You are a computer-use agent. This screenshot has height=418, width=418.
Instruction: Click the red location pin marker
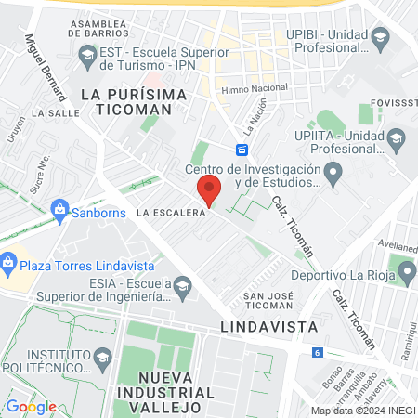(209, 190)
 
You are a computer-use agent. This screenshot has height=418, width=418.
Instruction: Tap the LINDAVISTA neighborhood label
(269, 327)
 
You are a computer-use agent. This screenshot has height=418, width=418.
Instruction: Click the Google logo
(31, 406)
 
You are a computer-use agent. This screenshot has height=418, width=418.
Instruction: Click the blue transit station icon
(242, 150)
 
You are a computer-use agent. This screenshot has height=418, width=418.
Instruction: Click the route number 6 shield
(318, 352)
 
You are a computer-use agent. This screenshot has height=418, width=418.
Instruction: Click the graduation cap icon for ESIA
(181, 285)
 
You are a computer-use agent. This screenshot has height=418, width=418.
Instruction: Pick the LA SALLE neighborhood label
(50, 112)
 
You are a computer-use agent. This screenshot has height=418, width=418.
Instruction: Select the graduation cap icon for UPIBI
(378, 38)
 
